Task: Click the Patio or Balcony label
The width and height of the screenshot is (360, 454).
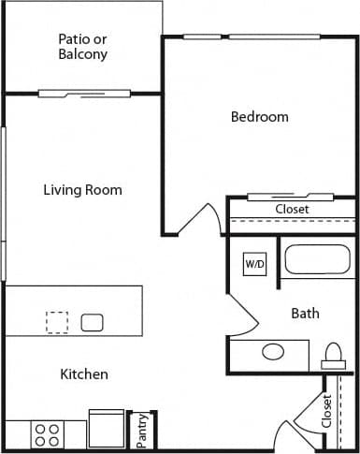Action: pos(82,47)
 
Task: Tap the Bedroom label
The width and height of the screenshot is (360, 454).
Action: pos(259,117)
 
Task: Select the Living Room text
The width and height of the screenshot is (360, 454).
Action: pos(82,190)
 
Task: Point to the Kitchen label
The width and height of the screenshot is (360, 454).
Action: pos(84,374)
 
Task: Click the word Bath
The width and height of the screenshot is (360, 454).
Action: pos(305,313)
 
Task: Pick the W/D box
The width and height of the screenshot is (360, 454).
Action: pos(255,265)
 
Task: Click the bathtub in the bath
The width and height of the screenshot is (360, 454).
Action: pos(317,259)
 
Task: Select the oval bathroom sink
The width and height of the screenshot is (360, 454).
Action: pos(273,352)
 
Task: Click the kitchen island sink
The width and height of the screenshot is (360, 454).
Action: pos(92,323)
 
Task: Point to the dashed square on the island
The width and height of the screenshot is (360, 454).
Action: pos(57,322)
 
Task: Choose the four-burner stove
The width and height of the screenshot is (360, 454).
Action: pos(48,434)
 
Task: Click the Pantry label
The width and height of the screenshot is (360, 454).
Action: pos(142,432)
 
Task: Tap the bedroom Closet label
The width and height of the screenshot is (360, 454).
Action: pos(292,210)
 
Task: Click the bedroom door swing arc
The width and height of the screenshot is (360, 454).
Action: pos(200,219)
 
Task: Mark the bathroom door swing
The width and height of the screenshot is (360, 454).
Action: pos(241,318)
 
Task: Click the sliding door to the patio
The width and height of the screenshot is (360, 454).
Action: pos(84,94)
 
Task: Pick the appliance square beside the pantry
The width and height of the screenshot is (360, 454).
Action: pos(107,429)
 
